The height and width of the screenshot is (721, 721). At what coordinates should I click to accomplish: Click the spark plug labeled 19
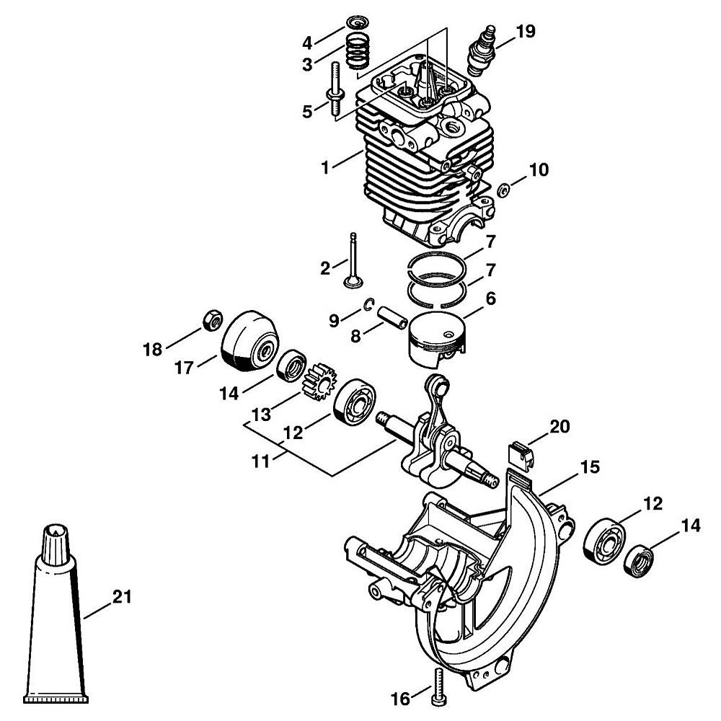click(x=482, y=51)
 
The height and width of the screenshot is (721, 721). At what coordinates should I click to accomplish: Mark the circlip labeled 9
click(x=369, y=304)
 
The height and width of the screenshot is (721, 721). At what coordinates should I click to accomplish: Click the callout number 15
click(x=590, y=467)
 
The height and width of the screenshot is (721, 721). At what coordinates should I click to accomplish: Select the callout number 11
click(x=260, y=460)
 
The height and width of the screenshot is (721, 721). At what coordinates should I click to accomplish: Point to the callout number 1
click(x=325, y=168)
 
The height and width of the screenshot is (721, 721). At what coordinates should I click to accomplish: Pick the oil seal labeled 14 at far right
click(x=638, y=561)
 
